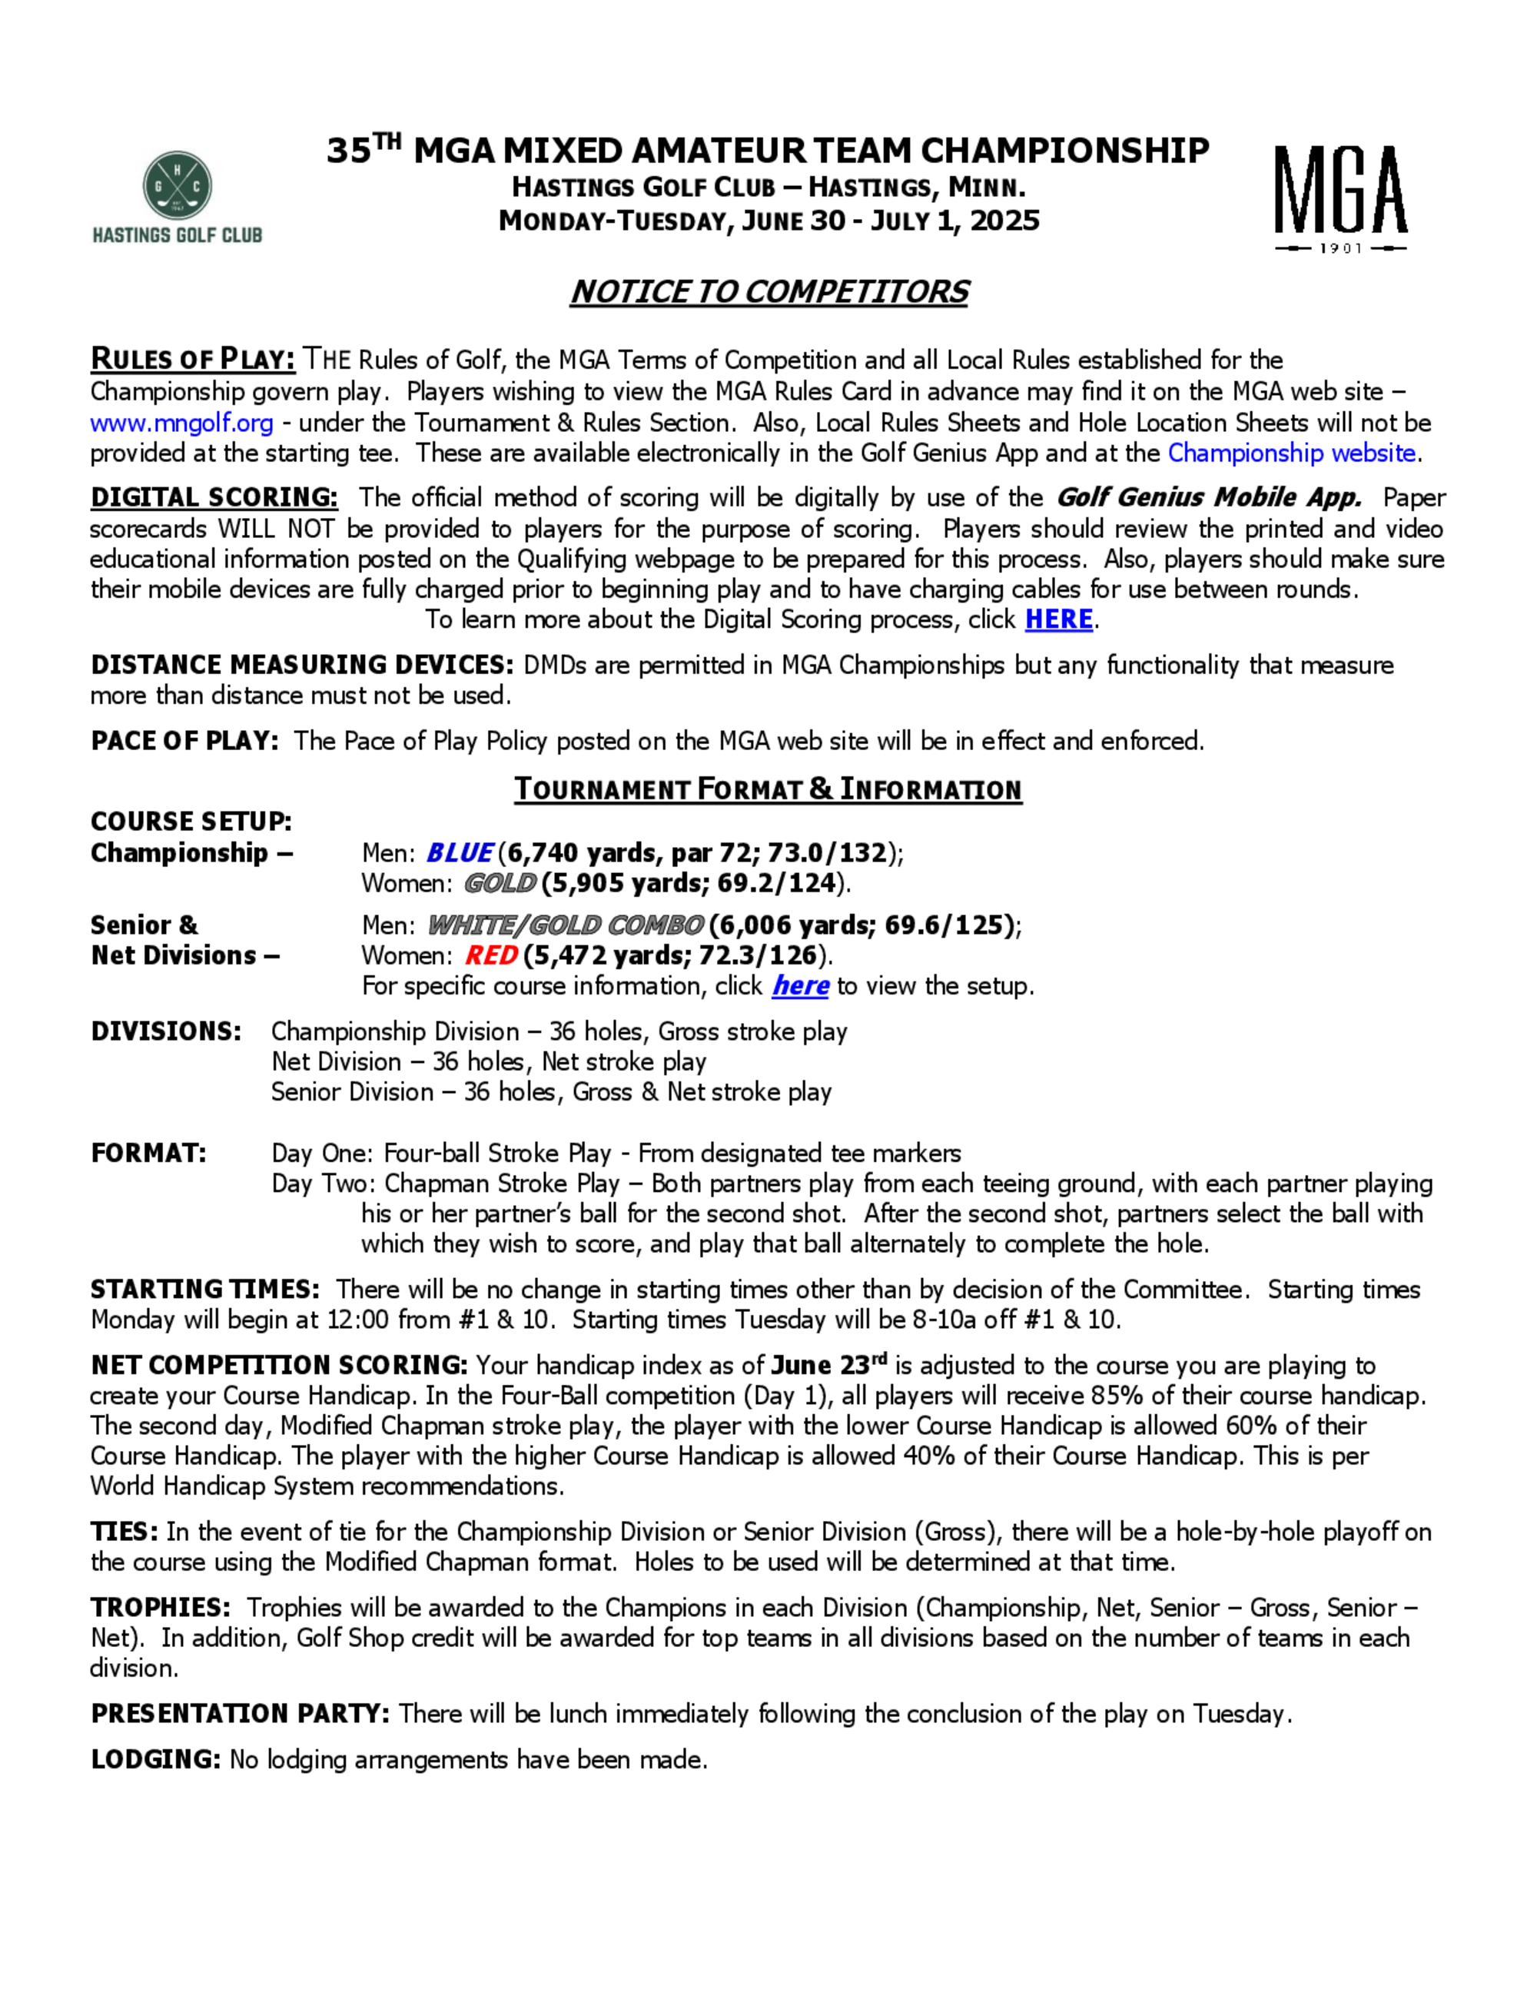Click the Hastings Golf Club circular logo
click(178, 186)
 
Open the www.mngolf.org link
click(181, 423)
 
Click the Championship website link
click(1291, 453)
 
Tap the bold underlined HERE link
click(1058, 619)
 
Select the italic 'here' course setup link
click(799, 985)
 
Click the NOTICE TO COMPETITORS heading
click(768, 291)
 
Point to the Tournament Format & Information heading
click(768, 789)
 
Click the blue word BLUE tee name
click(459, 852)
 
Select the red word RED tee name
click(491, 955)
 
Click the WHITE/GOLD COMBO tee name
click(566, 925)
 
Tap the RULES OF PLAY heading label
click(192, 359)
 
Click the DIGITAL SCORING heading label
click(214, 497)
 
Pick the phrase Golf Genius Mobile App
click(1207, 497)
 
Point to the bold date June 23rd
click(828, 1365)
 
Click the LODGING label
click(154, 1758)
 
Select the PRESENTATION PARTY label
click(240, 1713)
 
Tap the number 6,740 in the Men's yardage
click(543, 852)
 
